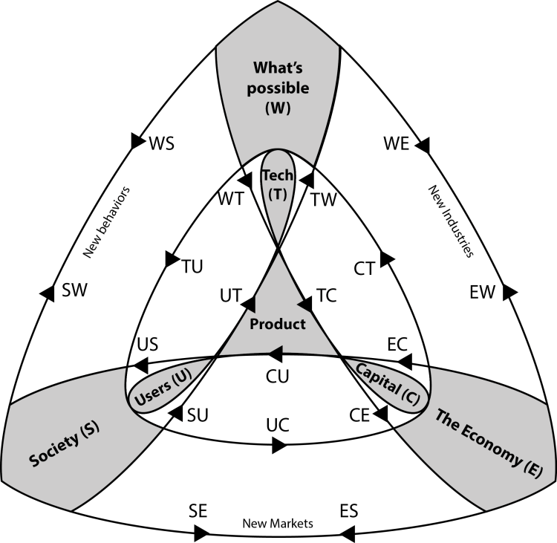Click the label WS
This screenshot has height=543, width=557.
pos(161,143)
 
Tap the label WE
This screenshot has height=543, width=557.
pos(396,143)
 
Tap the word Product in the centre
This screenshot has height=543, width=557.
pos(278,325)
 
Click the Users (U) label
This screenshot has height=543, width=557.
pos(160,388)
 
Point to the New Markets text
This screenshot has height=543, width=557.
pos(278,524)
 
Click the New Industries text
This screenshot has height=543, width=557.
pos(450,221)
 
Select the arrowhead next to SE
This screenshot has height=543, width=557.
pos(202,533)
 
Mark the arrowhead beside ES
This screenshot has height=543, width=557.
pos(347,533)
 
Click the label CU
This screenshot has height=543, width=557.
pos(278,376)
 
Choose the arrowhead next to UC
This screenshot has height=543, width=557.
pos(279,446)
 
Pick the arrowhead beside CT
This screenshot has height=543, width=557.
pos(385,259)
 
